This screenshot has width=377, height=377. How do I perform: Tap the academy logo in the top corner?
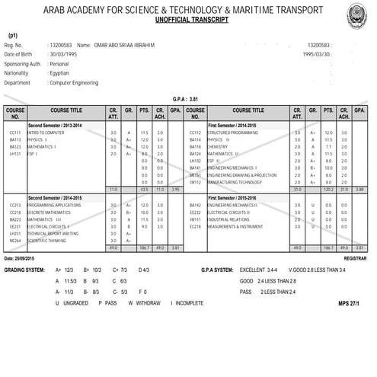point(357,13)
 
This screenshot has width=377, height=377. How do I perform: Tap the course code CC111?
point(14,133)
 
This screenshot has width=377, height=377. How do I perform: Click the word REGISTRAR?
point(353,258)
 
